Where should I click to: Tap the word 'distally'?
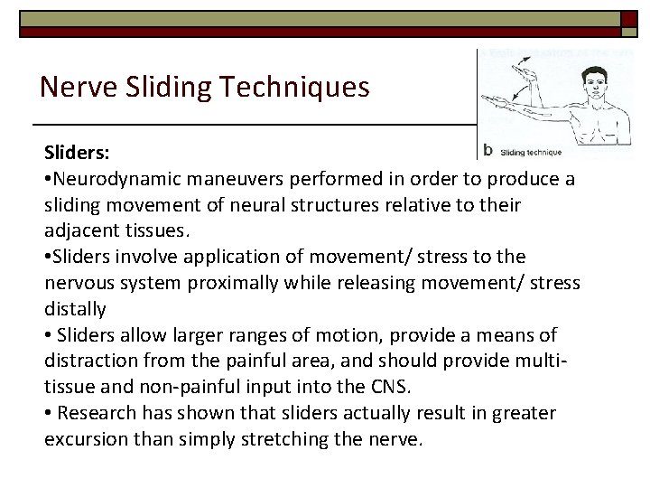(x=75, y=309)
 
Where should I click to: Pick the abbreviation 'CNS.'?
(x=393, y=387)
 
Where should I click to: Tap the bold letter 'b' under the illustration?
(x=488, y=150)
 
